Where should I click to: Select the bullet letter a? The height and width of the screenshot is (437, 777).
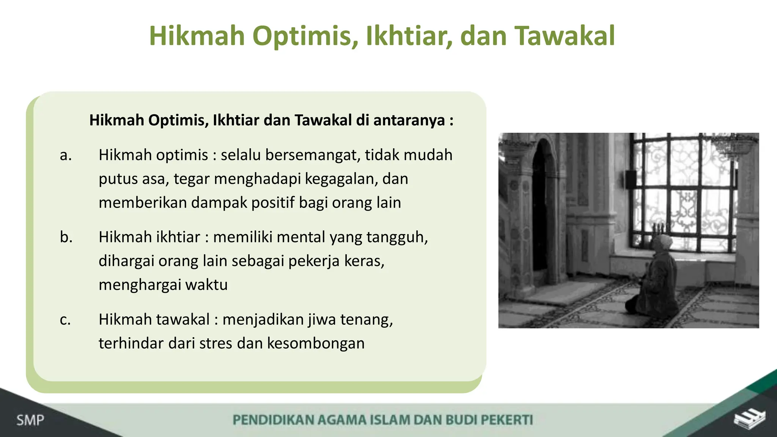[x=65, y=155]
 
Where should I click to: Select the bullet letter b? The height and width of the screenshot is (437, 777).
[x=66, y=237]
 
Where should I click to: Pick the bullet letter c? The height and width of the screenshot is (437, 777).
[x=65, y=319]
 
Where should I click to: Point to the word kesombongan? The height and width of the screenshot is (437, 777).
[x=316, y=343]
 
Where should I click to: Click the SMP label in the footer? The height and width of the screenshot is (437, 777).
[x=30, y=420]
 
